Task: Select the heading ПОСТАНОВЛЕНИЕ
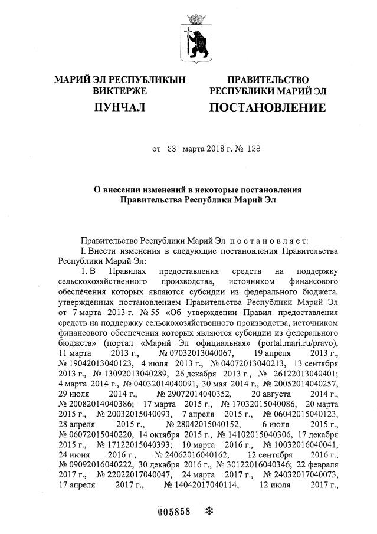click(267, 107)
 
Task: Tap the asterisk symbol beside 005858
click(207, 510)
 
